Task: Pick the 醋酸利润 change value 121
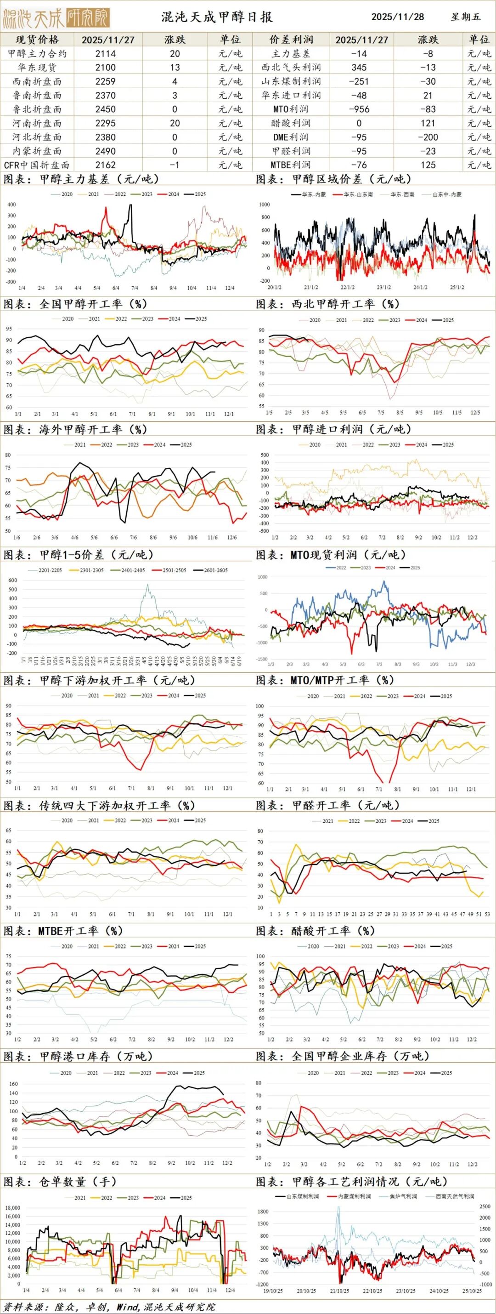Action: click(428, 123)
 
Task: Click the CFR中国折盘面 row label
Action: click(37, 165)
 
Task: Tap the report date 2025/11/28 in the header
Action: click(398, 17)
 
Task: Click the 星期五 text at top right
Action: click(465, 17)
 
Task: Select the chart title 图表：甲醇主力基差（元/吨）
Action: click(82, 179)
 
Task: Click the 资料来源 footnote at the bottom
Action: click(110, 1307)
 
